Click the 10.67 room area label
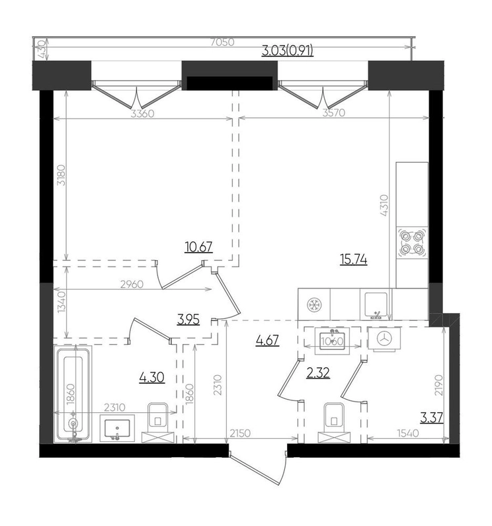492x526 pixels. [198, 247]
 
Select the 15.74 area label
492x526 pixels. [354, 259]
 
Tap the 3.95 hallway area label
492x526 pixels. [188, 320]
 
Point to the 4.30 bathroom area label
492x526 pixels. [152, 377]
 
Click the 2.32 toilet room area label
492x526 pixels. [318, 373]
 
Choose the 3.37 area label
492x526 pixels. [432, 418]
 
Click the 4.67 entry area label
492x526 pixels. [267, 341]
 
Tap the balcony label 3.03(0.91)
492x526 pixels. [288, 51]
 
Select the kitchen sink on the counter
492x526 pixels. [376, 304]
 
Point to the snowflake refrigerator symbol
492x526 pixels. [314, 304]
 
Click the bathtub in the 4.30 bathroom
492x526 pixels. [73, 394]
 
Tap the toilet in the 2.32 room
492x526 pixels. [334, 422]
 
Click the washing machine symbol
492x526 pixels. [384, 339]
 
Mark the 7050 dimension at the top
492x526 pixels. [222, 42]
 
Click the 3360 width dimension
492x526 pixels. [142, 114]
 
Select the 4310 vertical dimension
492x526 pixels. [384, 205]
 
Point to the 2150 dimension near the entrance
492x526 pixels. [240, 433]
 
